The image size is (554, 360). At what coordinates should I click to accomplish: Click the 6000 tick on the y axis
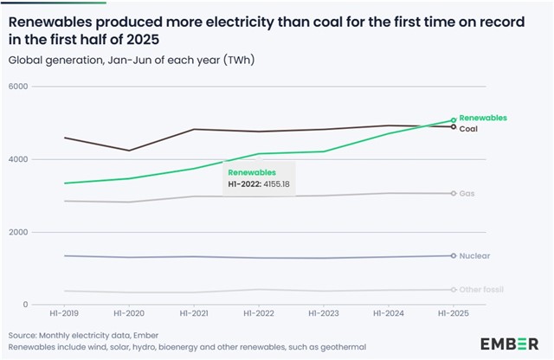tap(18, 87)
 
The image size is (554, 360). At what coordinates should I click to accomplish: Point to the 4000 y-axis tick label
tap(18, 159)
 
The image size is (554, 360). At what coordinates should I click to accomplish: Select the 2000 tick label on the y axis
tap(18, 232)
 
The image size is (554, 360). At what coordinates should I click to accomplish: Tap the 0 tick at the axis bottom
tap(25, 305)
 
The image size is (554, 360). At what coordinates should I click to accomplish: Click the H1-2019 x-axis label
tap(65, 315)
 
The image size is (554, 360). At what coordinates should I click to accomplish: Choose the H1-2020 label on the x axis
tap(130, 315)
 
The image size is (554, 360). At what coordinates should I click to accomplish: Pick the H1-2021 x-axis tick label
tap(194, 315)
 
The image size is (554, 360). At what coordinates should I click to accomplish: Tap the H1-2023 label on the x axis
tap(324, 315)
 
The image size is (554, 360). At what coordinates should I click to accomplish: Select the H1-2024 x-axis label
tap(389, 315)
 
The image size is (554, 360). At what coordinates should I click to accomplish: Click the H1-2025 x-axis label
tap(453, 315)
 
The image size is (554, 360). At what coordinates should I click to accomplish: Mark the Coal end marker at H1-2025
tap(454, 127)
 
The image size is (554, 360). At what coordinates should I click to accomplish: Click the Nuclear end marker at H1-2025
tap(454, 255)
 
